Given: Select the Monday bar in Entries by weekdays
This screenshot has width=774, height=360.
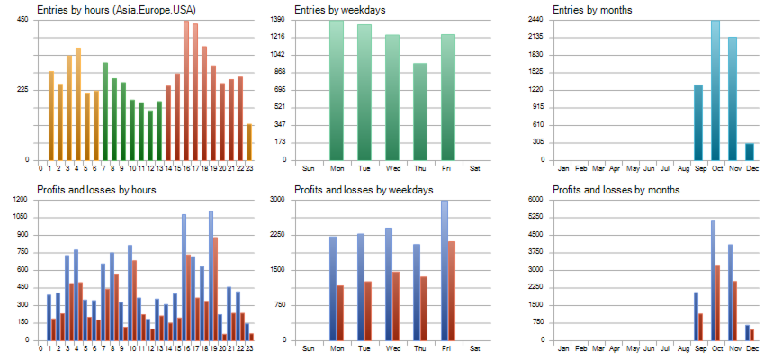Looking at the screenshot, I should [x=337, y=90].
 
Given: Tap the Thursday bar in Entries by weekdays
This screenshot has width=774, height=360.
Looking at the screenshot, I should [x=419, y=112].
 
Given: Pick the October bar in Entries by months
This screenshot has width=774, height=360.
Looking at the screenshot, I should [x=715, y=90].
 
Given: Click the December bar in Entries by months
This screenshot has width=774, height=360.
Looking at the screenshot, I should [x=750, y=151].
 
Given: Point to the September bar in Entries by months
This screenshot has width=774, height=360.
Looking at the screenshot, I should [x=698, y=122].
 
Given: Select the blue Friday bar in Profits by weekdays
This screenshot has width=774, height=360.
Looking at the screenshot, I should [x=444, y=270].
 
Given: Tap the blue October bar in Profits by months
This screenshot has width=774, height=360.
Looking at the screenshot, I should [x=712, y=280].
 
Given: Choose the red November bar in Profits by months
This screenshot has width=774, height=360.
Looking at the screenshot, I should [x=735, y=310].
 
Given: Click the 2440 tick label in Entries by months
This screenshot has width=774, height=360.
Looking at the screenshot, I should [x=535, y=19].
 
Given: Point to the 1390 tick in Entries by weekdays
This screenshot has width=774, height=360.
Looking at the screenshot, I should [x=278, y=19].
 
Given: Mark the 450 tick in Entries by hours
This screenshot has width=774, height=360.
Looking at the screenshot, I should [x=22, y=19].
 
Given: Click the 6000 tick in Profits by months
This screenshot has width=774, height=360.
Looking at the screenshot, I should [x=535, y=199].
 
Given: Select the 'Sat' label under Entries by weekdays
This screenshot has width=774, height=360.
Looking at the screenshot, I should [x=475, y=167].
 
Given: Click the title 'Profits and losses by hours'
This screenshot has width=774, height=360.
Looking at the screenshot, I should [x=97, y=190].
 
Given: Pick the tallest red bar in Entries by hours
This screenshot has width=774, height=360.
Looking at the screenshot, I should [x=186, y=90].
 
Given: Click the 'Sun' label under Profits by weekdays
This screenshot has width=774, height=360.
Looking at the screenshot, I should [x=309, y=347].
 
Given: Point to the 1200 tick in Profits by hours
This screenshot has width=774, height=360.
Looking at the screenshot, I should [x=21, y=199].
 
